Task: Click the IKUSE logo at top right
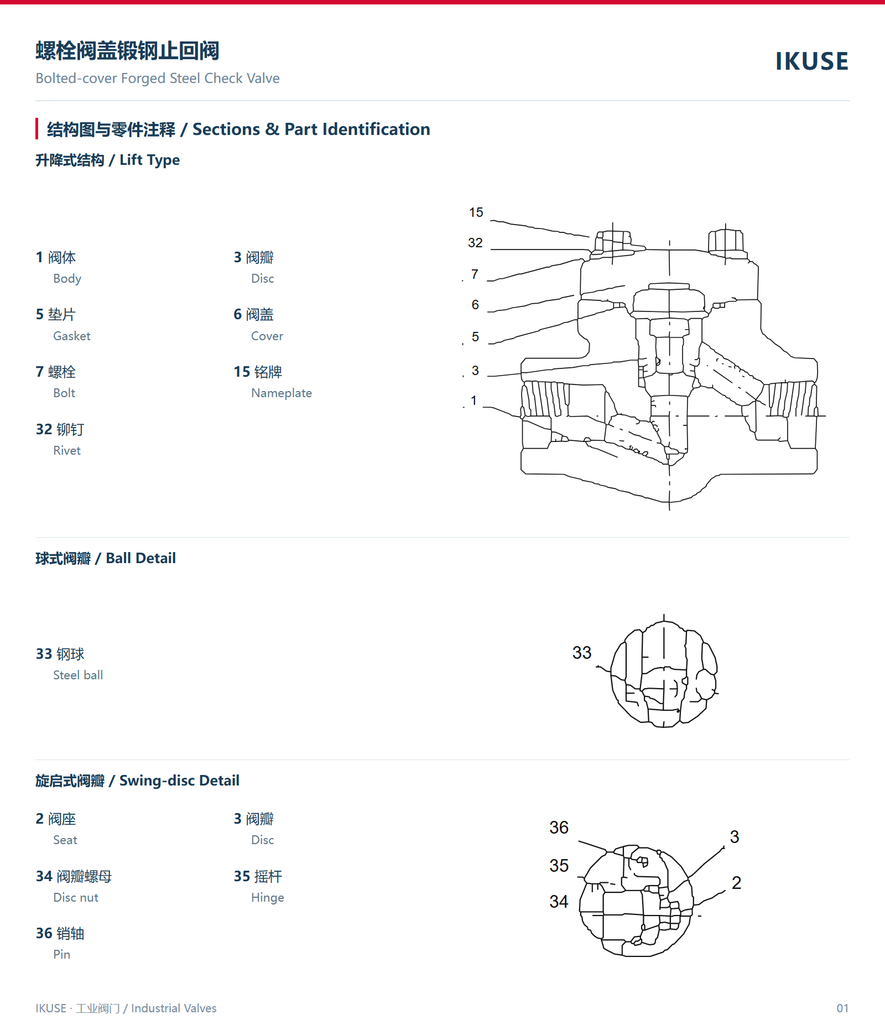(x=811, y=61)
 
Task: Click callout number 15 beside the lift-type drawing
(x=476, y=212)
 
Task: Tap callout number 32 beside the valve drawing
(x=475, y=243)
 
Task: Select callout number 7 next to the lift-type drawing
(x=475, y=274)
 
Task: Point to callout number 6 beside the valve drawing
(x=475, y=305)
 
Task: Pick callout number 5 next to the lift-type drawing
(x=475, y=337)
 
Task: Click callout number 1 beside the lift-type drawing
(x=473, y=400)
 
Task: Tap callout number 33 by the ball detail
(x=582, y=653)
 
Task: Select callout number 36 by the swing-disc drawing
(x=559, y=828)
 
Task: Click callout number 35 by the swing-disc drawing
(x=559, y=866)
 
